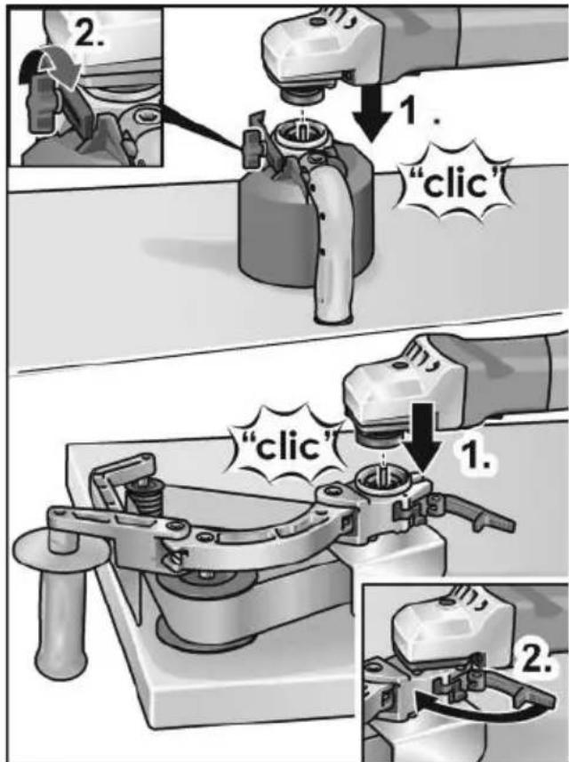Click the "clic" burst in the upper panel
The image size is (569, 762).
[x=455, y=184]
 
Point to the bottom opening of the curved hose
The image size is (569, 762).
[x=334, y=319]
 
